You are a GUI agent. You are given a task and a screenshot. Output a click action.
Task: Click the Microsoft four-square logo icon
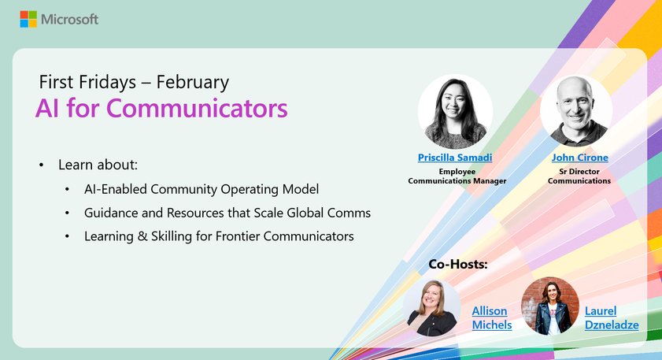tap(28, 19)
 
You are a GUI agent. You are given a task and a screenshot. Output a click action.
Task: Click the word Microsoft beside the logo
tap(69, 19)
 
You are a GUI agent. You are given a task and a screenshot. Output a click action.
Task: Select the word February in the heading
tap(192, 81)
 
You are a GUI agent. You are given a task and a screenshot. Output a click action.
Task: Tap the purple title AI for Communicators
tap(161, 109)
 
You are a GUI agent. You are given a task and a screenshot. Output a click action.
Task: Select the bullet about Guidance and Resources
tap(227, 213)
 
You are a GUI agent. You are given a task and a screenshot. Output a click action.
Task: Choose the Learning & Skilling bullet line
tap(219, 236)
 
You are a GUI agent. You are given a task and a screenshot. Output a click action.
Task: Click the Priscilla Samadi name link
tap(455, 158)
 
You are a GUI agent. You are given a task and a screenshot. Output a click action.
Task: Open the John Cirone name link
tap(579, 158)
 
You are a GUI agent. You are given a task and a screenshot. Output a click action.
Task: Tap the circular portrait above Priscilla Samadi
tap(455, 111)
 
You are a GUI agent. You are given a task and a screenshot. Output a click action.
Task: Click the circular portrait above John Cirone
tap(576, 111)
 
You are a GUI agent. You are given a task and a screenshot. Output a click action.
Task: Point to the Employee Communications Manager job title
tap(457, 175)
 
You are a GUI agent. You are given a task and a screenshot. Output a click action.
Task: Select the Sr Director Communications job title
tap(579, 175)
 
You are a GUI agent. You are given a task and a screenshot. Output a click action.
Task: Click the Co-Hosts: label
tap(458, 264)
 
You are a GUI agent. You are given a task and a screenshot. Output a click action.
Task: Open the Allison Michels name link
tap(491, 317)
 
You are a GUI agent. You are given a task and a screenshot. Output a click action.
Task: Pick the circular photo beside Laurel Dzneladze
tap(549, 306)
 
